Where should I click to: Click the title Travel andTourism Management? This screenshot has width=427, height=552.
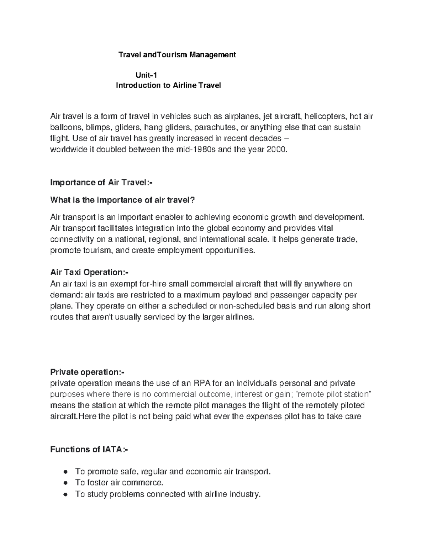click(177, 55)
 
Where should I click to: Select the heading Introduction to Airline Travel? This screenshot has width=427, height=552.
click(168, 86)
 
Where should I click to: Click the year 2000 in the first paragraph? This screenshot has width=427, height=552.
click(276, 150)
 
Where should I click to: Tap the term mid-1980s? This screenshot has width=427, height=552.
click(194, 150)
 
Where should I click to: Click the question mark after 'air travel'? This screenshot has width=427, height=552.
click(193, 200)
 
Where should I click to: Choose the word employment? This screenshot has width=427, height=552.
click(173, 250)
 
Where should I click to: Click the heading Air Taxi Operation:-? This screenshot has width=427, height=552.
click(89, 272)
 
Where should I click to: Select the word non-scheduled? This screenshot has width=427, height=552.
click(245, 306)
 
